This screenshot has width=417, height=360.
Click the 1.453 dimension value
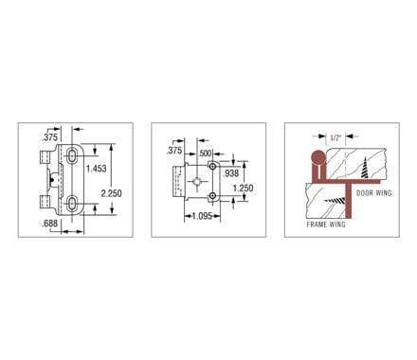(95, 169)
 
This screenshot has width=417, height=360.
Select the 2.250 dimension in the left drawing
(110, 191)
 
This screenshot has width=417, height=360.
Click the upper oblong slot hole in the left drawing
(74, 153)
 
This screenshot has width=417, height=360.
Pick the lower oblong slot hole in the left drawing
(74, 201)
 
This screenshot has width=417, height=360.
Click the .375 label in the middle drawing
(174, 151)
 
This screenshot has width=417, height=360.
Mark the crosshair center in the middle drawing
(196, 180)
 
